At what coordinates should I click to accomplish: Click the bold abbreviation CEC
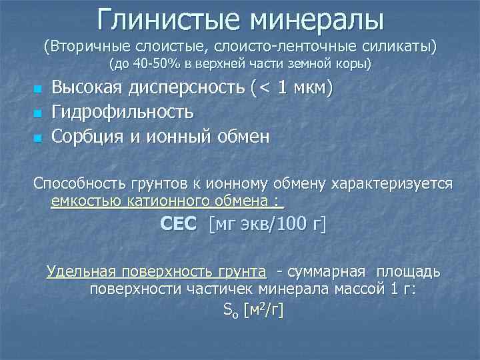point(179,225)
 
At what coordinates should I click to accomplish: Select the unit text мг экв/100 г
point(267,225)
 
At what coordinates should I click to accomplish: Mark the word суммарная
point(326,272)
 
